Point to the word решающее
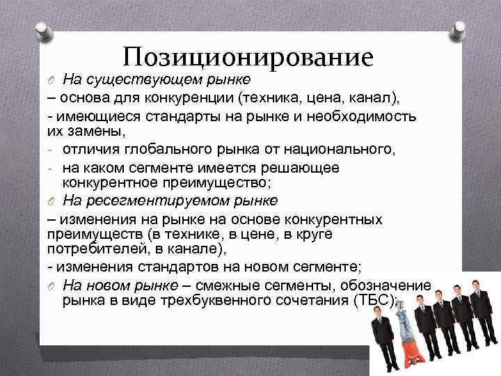click(x=306, y=167)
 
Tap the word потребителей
click(x=88, y=251)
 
